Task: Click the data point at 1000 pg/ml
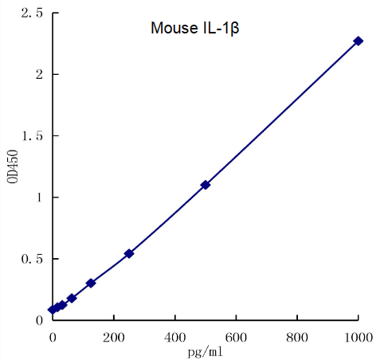[x=358, y=41]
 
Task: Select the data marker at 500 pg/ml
[x=206, y=185]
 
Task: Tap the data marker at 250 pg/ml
[x=129, y=253]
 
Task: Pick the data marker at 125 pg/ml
[x=91, y=283]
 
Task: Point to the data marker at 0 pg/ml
[x=53, y=309]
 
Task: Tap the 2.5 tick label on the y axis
[x=32, y=14]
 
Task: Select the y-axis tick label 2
[x=38, y=75]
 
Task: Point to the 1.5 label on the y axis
[x=32, y=136]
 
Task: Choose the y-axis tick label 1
[x=38, y=198]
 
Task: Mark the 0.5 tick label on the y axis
[x=32, y=259]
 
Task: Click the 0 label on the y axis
[x=38, y=320]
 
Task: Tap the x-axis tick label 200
[x=114, y=336]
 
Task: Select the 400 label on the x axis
[x=175, y=336]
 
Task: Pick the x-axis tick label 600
[x=237, y=336]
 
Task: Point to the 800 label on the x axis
[x=298, y=336]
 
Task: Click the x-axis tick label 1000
[x=358, y=336]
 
